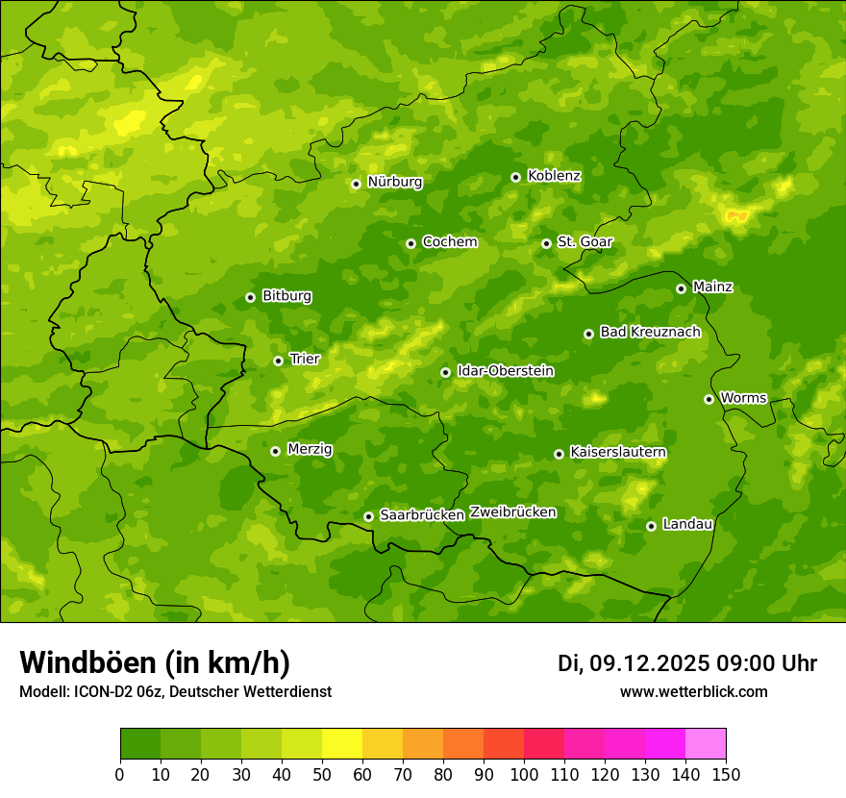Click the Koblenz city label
554,176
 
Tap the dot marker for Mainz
681,288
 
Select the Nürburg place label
394,182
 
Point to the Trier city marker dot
278,361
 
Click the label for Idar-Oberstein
505,371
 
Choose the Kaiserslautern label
618,452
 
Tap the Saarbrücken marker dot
368,516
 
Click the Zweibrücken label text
512,512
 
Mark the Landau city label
687,525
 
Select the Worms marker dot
709,399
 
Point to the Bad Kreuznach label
650,333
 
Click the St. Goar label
585,242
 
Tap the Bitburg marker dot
250,297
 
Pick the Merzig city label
310,449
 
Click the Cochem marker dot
411,243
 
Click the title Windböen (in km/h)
154,662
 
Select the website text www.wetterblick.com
693,692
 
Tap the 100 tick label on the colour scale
524,774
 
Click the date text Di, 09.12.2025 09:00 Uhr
687,663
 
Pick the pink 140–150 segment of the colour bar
706,744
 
